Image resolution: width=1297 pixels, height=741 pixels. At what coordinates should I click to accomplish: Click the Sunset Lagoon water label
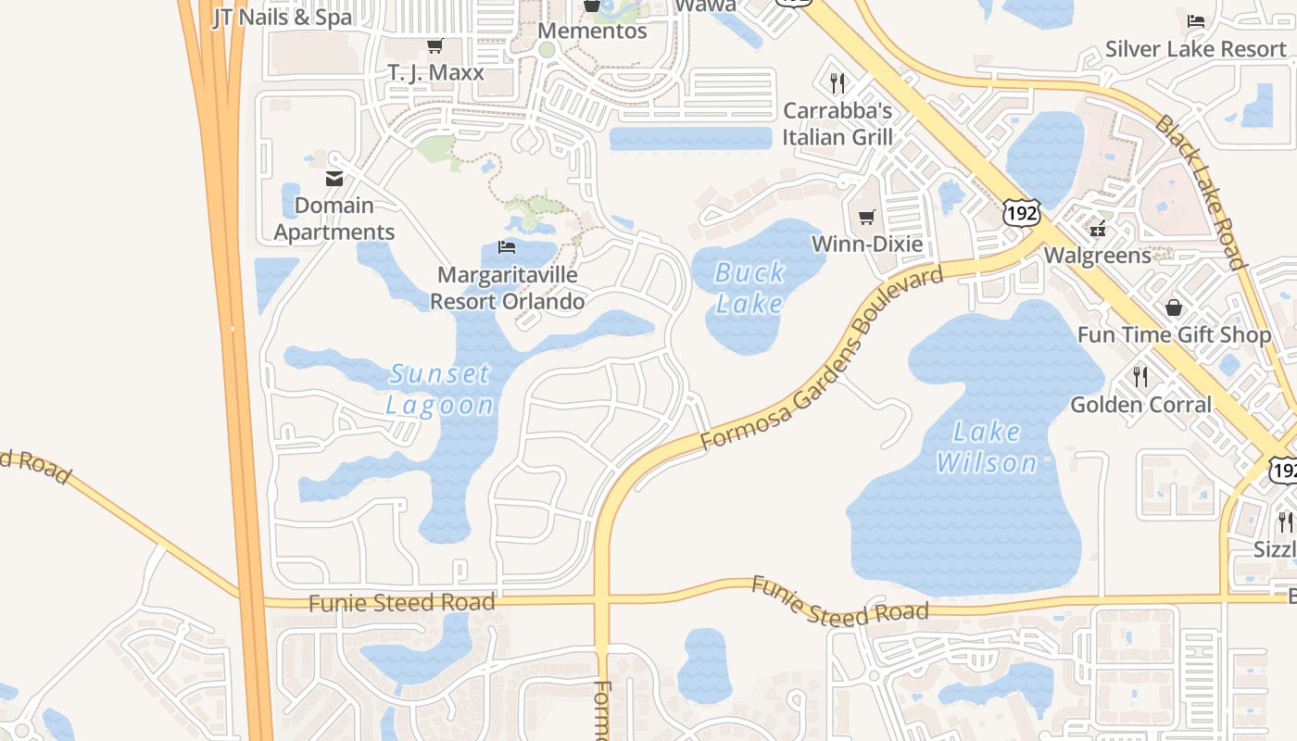(439, 389)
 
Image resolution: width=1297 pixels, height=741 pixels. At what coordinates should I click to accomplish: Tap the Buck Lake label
(749, 287)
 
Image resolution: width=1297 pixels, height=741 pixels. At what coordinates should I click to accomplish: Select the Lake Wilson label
(987, 446)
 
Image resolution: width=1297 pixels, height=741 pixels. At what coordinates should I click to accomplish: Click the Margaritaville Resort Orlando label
(508, 288)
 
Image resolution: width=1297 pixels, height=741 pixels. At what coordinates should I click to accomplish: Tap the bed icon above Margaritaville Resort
(507, 247)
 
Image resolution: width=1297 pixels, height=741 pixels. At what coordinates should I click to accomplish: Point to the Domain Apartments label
(334, 219)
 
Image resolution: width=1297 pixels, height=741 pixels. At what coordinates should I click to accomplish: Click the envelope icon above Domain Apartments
(334, 179)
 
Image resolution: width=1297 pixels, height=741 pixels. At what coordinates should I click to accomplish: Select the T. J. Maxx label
(435, 72)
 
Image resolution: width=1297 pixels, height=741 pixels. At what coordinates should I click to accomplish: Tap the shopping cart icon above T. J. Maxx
(434, 45)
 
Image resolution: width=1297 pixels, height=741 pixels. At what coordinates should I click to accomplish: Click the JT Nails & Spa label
(283, 17)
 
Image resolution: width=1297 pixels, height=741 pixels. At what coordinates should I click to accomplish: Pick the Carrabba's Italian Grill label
(837, 124)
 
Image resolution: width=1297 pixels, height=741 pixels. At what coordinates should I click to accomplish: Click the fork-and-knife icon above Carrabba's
(837, 83)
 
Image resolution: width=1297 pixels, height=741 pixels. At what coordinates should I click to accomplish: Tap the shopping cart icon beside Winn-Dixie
(866, 218)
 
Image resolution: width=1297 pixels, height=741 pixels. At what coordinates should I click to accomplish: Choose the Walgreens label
(1097, 255)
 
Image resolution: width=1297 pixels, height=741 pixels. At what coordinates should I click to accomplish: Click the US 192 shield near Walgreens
(1021, 213)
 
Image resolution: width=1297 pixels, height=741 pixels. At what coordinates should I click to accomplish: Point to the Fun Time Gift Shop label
(1174, 334)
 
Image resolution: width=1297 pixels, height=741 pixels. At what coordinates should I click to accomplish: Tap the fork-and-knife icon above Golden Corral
(1140, 376)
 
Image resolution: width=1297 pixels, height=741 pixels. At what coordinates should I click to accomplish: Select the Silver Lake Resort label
(1195, 49)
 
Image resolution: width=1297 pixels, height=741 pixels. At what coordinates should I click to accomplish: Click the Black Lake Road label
(1201, 192)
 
